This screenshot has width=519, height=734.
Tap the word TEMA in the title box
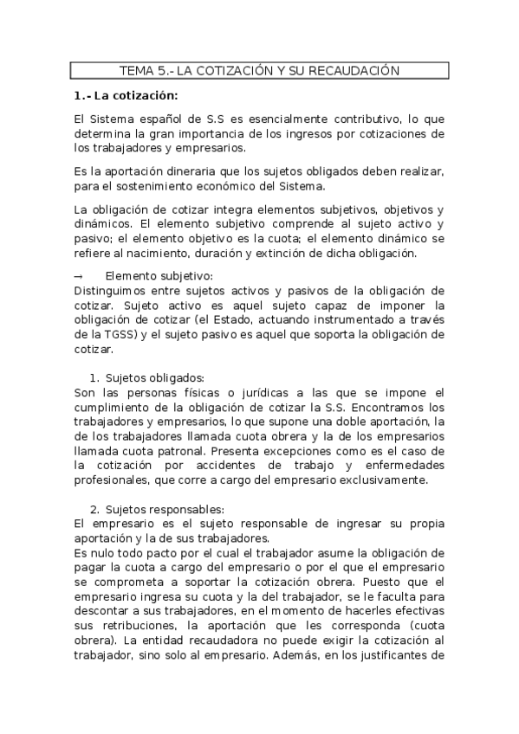pos(137,70)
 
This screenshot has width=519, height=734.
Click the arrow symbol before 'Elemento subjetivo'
pos(79,276)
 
